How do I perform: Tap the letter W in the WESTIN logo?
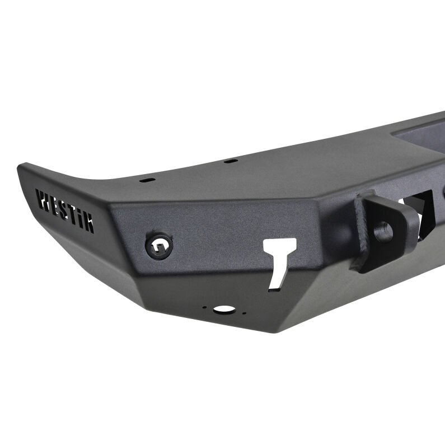[43, 199]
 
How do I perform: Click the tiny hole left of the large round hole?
[205, 307]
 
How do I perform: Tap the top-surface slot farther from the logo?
[229, 161]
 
